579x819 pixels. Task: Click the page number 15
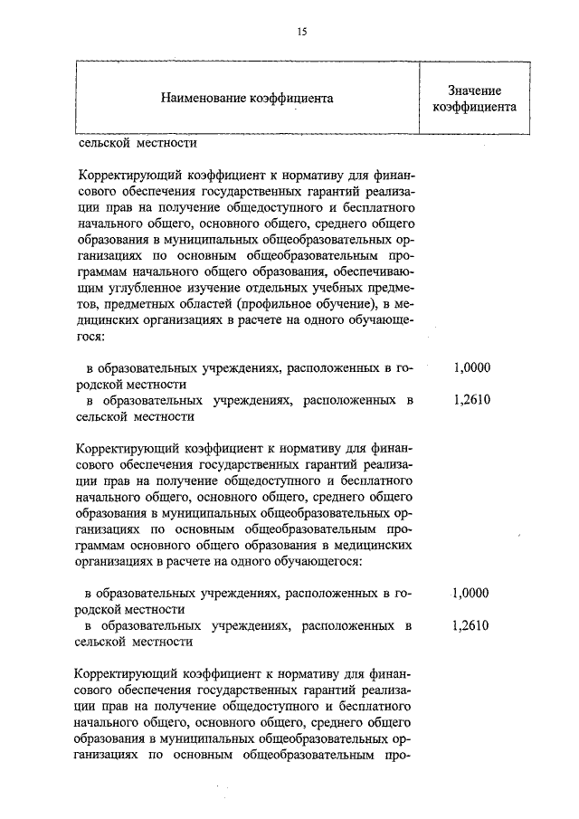[302, 32]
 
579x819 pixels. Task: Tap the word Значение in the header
[474, 90]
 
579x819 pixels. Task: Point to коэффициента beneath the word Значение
[474, 106]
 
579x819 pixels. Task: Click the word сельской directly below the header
[105, 142]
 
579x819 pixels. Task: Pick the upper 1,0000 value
[472, 367]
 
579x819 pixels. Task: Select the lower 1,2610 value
[471, 626]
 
